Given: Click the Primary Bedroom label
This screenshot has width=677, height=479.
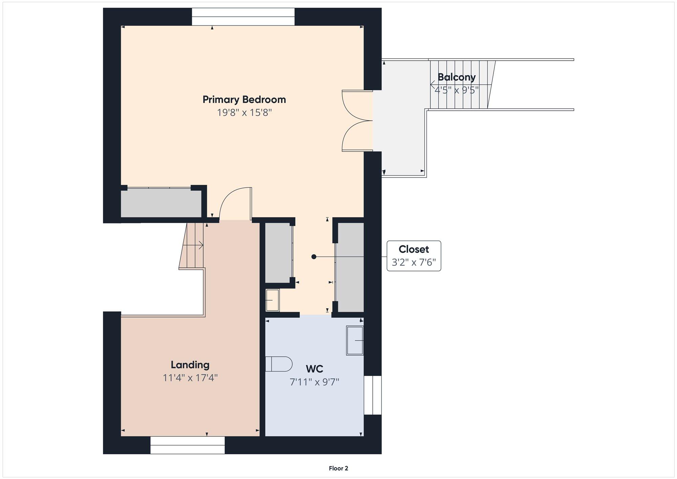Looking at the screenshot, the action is (x=244, y=100).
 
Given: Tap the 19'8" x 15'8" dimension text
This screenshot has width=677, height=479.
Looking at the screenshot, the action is (x=244, y=112).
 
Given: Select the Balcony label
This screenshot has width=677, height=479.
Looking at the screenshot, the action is (x=457, y=77).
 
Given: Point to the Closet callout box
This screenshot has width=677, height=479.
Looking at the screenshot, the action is (x=414, y=256).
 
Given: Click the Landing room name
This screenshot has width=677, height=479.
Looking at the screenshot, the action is (x=190, y=365).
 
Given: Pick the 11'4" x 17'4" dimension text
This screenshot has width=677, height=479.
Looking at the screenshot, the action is (x=190, y=378).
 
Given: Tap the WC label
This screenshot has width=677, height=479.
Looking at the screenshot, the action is (x=314, y=369).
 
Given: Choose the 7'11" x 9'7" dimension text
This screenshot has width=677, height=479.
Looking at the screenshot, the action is (x=314, y=382).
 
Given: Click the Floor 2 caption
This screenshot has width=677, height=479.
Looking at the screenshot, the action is (x=338, y=468).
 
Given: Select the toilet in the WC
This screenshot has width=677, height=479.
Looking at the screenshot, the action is (x=279, y=364).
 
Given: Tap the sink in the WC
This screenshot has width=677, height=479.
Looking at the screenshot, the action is (x=355, y=340).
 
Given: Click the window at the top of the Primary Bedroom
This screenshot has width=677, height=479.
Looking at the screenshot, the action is (x=243, y=17).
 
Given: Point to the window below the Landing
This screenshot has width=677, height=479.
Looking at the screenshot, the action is (x=188, y=445).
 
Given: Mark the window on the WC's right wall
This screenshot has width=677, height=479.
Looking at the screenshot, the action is (x=373, y=395).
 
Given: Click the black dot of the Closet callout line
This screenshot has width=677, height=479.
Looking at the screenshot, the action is (x=314, y=257).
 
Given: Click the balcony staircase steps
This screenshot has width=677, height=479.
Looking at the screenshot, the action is (x=462, y=85).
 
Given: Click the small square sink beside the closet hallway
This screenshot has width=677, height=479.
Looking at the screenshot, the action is (x=272, y=300).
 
